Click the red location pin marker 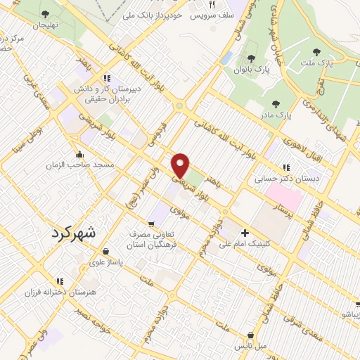click(x=181, y=165)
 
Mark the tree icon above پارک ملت click(x=315, y=51)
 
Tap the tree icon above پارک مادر click(x=275, y=103)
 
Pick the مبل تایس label click(x=251, y=346)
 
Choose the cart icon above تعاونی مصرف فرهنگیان click(x=151, y=224)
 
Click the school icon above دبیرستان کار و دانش click(x=106, y=78)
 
